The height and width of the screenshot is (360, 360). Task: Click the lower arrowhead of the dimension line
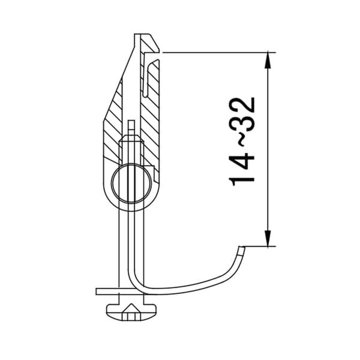pyautogui.click(x=268, y=238)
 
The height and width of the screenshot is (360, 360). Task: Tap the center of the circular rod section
pyautogui.click(x=131, y=184)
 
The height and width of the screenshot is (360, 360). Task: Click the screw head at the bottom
pyautogui.click(x=131, y=313)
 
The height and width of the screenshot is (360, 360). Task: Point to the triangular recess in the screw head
pyautogui.click(x=131, y=308)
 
